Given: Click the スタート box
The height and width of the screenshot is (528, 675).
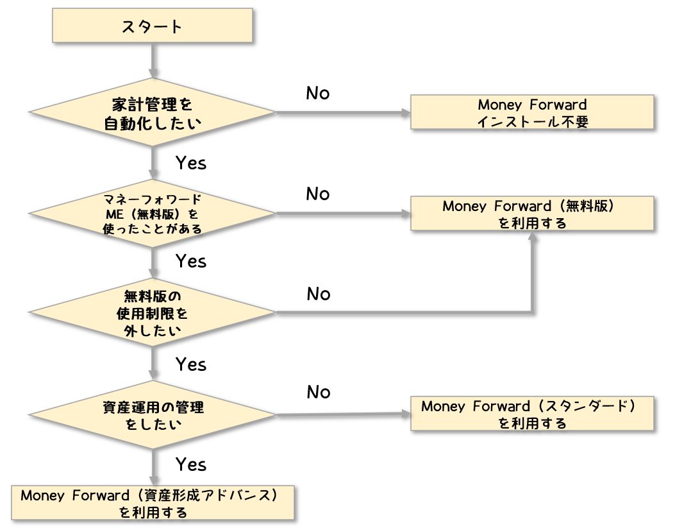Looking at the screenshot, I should pos(152,27).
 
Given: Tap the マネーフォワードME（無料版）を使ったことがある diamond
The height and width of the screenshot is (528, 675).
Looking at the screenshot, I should pos(153,213).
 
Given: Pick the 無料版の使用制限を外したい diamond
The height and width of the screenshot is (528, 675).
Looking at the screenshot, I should pos(153,313).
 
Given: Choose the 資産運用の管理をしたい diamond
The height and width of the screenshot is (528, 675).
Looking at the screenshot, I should pos(153,414).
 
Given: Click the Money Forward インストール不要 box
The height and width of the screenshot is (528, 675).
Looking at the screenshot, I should pos(532,112).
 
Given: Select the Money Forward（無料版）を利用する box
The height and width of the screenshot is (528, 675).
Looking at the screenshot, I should pos(532,214).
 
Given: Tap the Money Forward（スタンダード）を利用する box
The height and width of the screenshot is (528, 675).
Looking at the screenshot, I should pos(532,414).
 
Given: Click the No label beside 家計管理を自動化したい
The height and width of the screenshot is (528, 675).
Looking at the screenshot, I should pos(317,94).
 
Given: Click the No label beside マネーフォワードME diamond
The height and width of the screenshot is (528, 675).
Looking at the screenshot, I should pos(317,194).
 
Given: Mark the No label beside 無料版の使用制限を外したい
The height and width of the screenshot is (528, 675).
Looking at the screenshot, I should pos(318,294).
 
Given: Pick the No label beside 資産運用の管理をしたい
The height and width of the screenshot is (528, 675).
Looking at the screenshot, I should pos(318,392).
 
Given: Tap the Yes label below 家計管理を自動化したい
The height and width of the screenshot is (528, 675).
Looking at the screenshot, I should pos(191,164).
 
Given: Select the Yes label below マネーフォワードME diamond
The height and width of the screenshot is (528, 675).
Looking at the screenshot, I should pos(191,262).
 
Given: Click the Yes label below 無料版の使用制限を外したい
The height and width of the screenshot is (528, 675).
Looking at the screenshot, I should pos(191,364).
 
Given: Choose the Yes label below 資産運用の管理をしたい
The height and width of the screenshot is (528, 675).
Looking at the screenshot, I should pos(191,464).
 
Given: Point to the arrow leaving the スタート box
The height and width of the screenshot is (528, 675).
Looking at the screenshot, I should pos(153,61).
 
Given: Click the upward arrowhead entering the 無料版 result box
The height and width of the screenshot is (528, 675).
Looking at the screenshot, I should pos(532,237).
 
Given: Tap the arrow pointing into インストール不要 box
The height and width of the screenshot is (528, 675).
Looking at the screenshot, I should pos(404,113).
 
